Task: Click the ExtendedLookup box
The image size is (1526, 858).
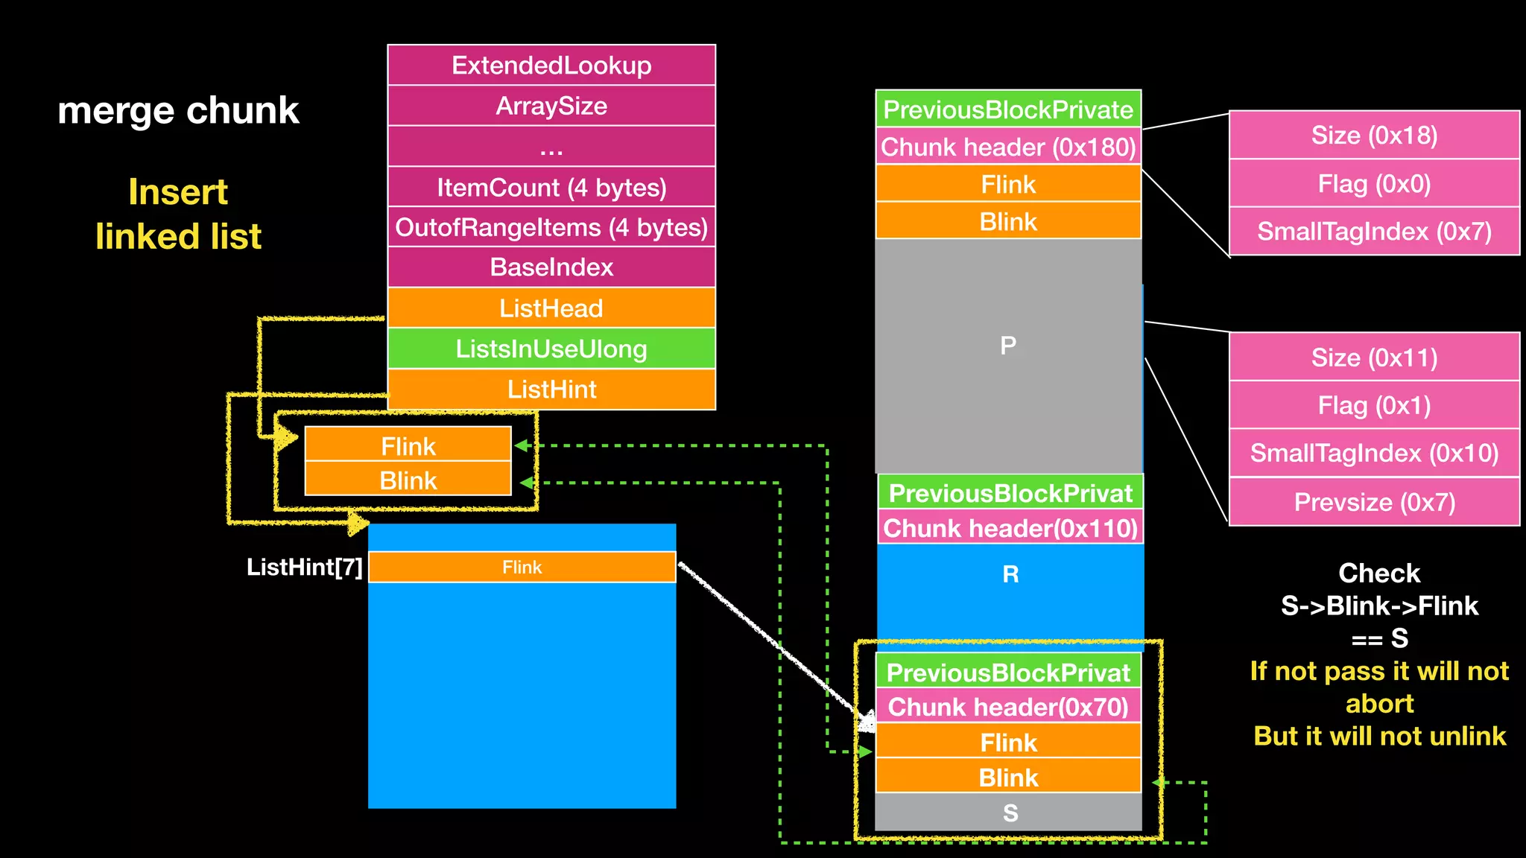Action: pos(551,66)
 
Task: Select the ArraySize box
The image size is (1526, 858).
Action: pos(551,106)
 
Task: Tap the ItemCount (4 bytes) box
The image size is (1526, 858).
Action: pos(551,187)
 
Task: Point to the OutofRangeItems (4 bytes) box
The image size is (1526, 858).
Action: pos(551,227)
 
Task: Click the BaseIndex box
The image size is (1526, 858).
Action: pos(551,267)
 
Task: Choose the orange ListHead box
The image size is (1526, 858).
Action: pos(551,308)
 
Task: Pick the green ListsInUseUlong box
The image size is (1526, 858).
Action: pos(551,349)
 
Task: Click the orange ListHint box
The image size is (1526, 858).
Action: pos(551,389)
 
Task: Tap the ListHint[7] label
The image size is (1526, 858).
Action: pos(304,568)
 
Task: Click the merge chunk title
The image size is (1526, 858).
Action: pos(178,110)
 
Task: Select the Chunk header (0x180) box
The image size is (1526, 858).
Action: pos(1008,147)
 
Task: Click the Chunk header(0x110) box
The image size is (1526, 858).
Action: pos(1010,528)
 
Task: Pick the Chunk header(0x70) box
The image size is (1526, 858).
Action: pos(1008,706)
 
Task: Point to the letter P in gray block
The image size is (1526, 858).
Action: pos(1008,346)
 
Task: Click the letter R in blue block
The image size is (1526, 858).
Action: pos(1010,574)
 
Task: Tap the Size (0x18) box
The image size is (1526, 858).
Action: pos(1374,135)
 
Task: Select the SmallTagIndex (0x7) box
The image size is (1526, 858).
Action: pos(1374,231)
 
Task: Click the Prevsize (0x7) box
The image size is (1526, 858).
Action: pos(1374,502)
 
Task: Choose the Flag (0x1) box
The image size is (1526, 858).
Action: pos(1374,405)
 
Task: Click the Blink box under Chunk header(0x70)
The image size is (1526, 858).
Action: pos(1008,777)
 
